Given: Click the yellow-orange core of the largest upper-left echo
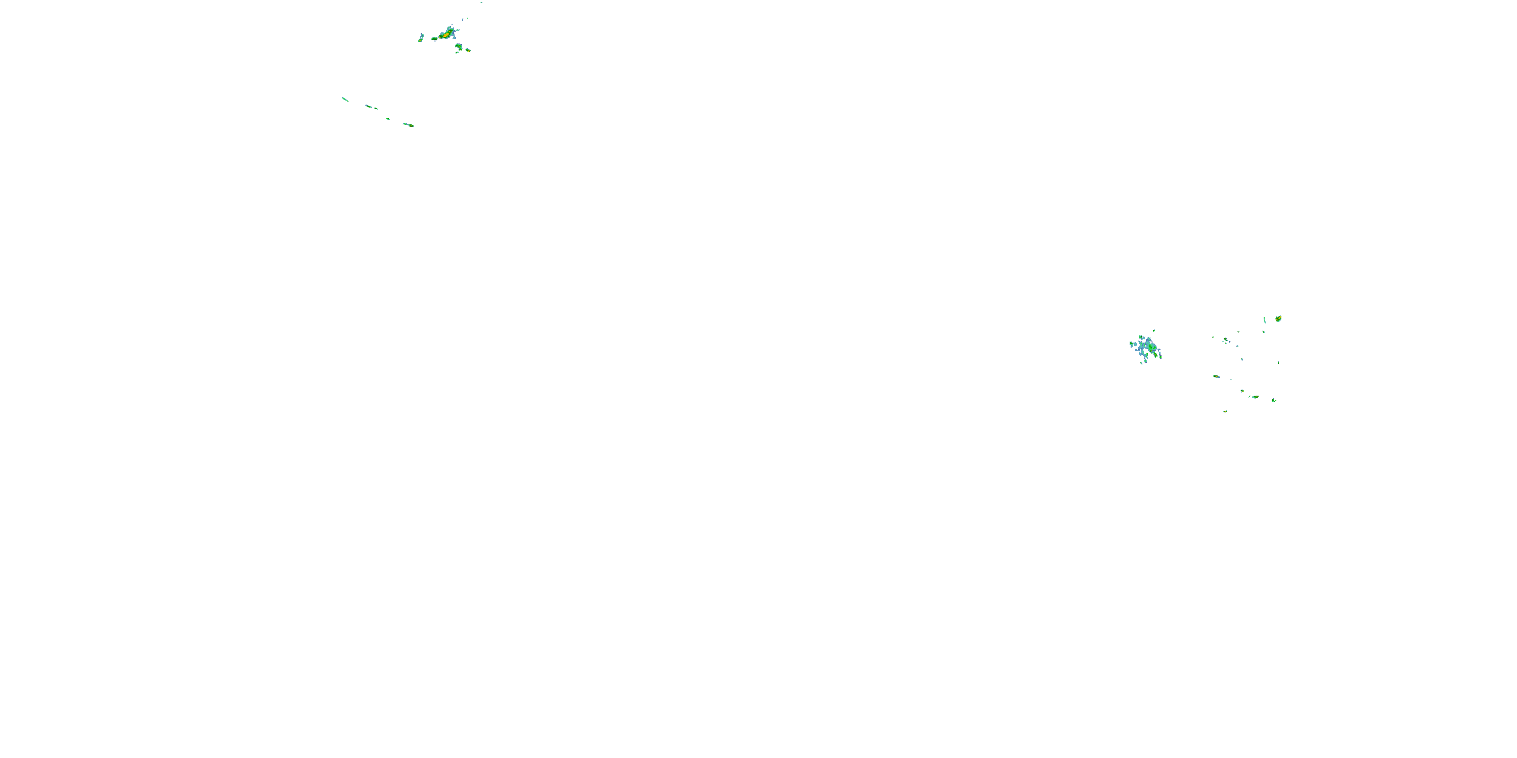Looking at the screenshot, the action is [446, 35].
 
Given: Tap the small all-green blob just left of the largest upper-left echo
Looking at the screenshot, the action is [434, 39].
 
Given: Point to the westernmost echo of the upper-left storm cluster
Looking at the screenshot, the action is [421, 38].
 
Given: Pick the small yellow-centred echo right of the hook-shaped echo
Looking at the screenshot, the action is [468, 50].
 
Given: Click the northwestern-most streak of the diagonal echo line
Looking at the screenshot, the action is [344, 99].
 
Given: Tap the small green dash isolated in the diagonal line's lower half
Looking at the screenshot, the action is [387, 119].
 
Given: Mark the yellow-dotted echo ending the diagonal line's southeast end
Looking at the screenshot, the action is [409, 125].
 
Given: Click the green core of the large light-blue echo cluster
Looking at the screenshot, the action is [1151, 348].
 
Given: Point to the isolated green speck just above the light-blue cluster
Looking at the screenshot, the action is [1153, 331].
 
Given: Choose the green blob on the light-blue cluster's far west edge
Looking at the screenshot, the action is [1131, 344].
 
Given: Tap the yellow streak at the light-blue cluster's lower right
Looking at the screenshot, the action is [1159, 354].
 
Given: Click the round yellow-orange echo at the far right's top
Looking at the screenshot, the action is [1278, 318].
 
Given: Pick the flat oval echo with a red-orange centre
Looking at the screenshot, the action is [1216, 376].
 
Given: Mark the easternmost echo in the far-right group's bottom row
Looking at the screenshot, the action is [1273, 400].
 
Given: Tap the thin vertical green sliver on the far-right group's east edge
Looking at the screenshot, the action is [1278, 362].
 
